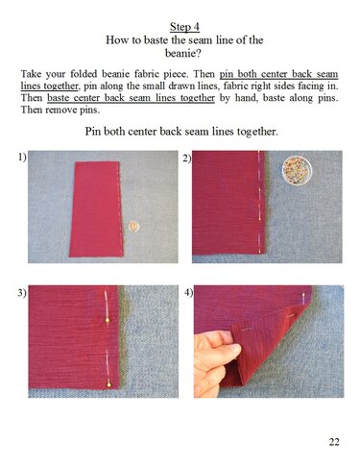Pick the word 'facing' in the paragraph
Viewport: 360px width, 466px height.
306,86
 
